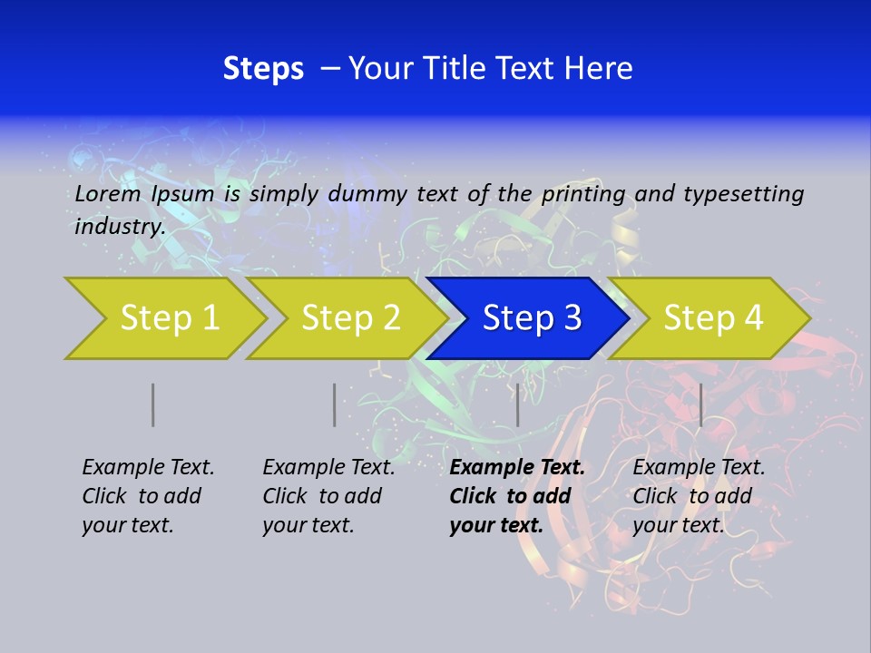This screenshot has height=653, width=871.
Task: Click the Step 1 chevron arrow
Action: (x=169, y=318)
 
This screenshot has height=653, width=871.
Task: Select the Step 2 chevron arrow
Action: (x=350, y=318)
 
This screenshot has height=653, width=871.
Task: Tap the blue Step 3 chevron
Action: (x=531, y=318)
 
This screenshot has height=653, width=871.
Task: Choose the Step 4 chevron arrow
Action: (x=712, y=318)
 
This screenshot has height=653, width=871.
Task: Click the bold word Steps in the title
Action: (x=263, y=69)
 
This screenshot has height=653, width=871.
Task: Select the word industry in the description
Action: (x=119, y=227)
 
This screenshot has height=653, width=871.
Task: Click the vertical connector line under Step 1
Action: (x=152, y=404)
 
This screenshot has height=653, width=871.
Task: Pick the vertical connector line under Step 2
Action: (x=334, y=404)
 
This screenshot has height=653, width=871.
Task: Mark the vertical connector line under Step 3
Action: (x=517, y=404)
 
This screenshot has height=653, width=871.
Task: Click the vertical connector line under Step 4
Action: (x=700, y=404)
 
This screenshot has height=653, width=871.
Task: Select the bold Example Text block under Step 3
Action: (x=517, y=496)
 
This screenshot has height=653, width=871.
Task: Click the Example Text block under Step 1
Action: (x=148, y=496)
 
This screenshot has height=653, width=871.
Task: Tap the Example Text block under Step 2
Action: (x=328, y=496)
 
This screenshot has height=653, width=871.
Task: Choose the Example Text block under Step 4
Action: (x=699, y=496)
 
